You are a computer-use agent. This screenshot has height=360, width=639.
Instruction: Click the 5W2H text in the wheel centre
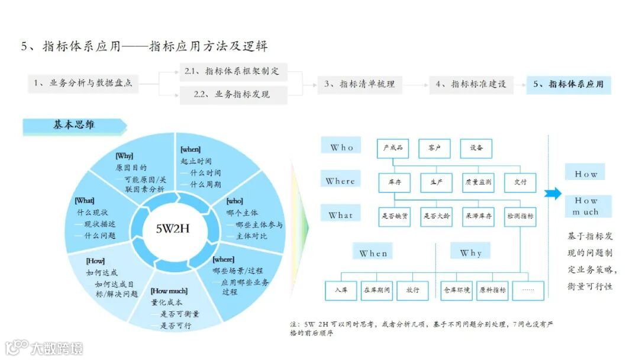(x=172, y=228)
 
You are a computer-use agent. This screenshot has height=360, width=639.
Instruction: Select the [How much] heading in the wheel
(x=169, y=291)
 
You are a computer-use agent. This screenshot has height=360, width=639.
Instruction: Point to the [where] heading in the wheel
(x=224, y=259)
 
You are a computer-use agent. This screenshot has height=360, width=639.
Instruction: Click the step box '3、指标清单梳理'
(x=359, y=84)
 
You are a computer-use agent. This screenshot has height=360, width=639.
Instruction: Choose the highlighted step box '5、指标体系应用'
(x=569, y=84)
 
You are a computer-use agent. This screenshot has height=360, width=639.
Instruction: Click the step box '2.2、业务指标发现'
(x=233, y=94)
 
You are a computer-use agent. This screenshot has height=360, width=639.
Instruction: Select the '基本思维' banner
(x=75, y=125)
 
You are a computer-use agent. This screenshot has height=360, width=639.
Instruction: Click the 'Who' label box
(x=342, y=147)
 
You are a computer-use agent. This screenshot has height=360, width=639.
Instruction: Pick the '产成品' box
(x=393, y=148)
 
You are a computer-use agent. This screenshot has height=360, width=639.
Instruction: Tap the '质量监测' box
(x=478, y=182)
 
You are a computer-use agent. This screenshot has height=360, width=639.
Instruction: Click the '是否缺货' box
(x=395, y=217)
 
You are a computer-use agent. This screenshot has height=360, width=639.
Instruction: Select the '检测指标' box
(x=520, y=217)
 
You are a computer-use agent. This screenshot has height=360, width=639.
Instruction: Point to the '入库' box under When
(x=341, y=290)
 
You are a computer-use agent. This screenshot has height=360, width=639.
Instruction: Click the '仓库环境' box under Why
(x=457, y=290)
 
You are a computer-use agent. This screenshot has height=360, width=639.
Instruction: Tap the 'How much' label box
(x=586, y=206)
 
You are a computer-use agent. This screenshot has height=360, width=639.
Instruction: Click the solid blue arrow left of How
(x=553, y=193)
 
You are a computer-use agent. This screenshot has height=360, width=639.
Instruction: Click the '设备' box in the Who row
(x=476, y=148)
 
